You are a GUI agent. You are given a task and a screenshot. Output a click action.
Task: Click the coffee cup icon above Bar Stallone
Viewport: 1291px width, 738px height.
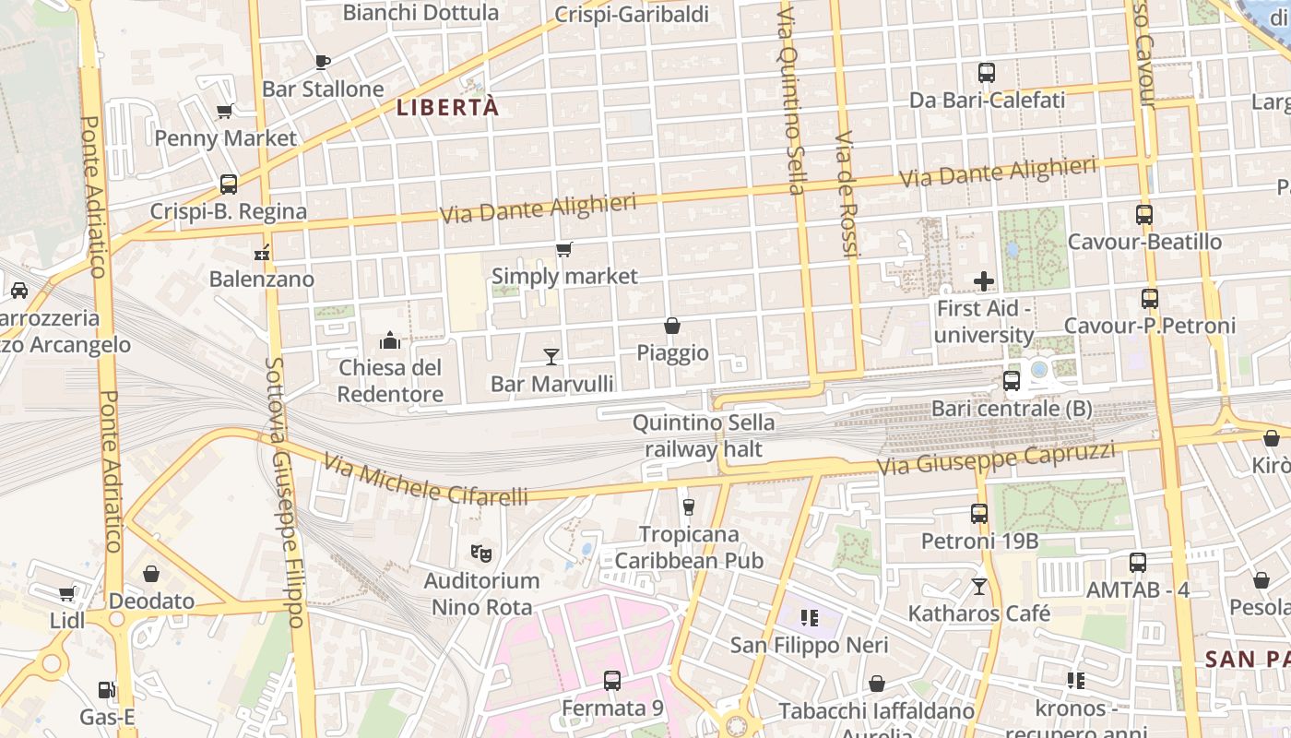click(322, 62)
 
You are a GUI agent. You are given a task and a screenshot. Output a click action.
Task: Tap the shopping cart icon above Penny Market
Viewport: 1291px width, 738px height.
click(224, 112)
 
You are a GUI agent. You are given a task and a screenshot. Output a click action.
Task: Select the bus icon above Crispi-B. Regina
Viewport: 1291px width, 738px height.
click(228, 184)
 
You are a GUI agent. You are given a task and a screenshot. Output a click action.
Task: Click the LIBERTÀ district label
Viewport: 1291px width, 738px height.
click(448, 107)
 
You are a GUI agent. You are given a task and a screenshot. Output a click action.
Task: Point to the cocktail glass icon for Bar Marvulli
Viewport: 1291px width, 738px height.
click(551, 356)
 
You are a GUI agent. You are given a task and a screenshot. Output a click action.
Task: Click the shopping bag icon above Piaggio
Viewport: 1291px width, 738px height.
click(672, 326)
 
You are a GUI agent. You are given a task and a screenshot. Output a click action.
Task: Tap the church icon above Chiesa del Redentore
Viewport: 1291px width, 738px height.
click(390, 340)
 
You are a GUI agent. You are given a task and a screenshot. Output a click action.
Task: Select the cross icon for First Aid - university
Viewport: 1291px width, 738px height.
click(984, 281)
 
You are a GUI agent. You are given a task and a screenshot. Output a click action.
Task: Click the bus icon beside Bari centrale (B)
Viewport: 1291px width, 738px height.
click(1012, 380)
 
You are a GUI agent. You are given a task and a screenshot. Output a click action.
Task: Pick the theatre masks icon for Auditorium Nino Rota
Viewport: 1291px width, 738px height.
click(480, 553)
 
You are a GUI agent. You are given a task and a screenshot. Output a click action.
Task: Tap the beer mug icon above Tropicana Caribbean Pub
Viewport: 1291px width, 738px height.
click(688, 506)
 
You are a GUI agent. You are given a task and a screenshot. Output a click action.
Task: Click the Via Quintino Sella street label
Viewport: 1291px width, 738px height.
click(791, 101)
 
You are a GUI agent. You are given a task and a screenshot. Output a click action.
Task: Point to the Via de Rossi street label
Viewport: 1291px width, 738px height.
click(846, 194)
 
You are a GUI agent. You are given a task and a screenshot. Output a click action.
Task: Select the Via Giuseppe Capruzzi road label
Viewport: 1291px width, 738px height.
click(996, 458)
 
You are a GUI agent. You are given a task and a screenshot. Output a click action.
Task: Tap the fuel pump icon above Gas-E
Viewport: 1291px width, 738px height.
click(108, 690)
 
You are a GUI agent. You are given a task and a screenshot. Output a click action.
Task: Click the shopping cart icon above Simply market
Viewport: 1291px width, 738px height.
click(564, 249)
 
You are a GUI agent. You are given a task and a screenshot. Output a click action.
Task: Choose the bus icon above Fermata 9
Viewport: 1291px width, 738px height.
click(612, 681)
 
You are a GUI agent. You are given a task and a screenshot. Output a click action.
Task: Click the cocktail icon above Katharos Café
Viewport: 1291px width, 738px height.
click(979, 586)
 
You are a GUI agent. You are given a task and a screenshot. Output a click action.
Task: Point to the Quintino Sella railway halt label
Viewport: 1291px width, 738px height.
click(704, 436)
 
